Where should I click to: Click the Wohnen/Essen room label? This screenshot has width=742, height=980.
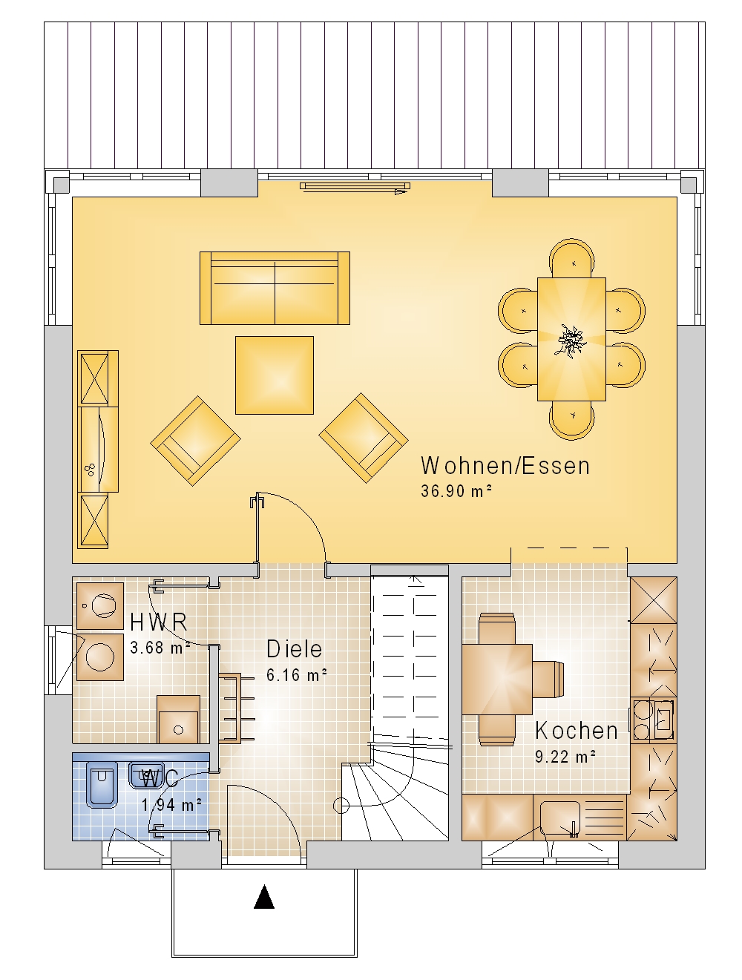(505, 466)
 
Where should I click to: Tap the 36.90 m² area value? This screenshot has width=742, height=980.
(456, 491)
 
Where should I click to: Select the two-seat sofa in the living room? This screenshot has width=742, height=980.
(275, 288)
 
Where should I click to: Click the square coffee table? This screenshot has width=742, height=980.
(274, 375)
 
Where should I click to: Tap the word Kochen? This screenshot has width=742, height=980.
(576, 731)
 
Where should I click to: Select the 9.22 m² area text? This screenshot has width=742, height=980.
(565, 756)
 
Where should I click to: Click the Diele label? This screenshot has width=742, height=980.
(294, 648)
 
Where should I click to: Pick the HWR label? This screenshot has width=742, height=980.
(158, 622)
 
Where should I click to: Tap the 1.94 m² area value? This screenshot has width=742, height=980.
(172, 805)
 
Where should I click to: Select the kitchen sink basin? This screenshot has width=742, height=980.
(560, 819)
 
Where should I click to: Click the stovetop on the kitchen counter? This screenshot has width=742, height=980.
(653, 720)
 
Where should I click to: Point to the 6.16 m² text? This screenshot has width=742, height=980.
(297, 674)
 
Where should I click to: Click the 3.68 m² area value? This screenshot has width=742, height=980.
(160, 648)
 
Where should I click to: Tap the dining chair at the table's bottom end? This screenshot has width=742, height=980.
(571, 420)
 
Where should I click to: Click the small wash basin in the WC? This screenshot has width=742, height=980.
(141, 775)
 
